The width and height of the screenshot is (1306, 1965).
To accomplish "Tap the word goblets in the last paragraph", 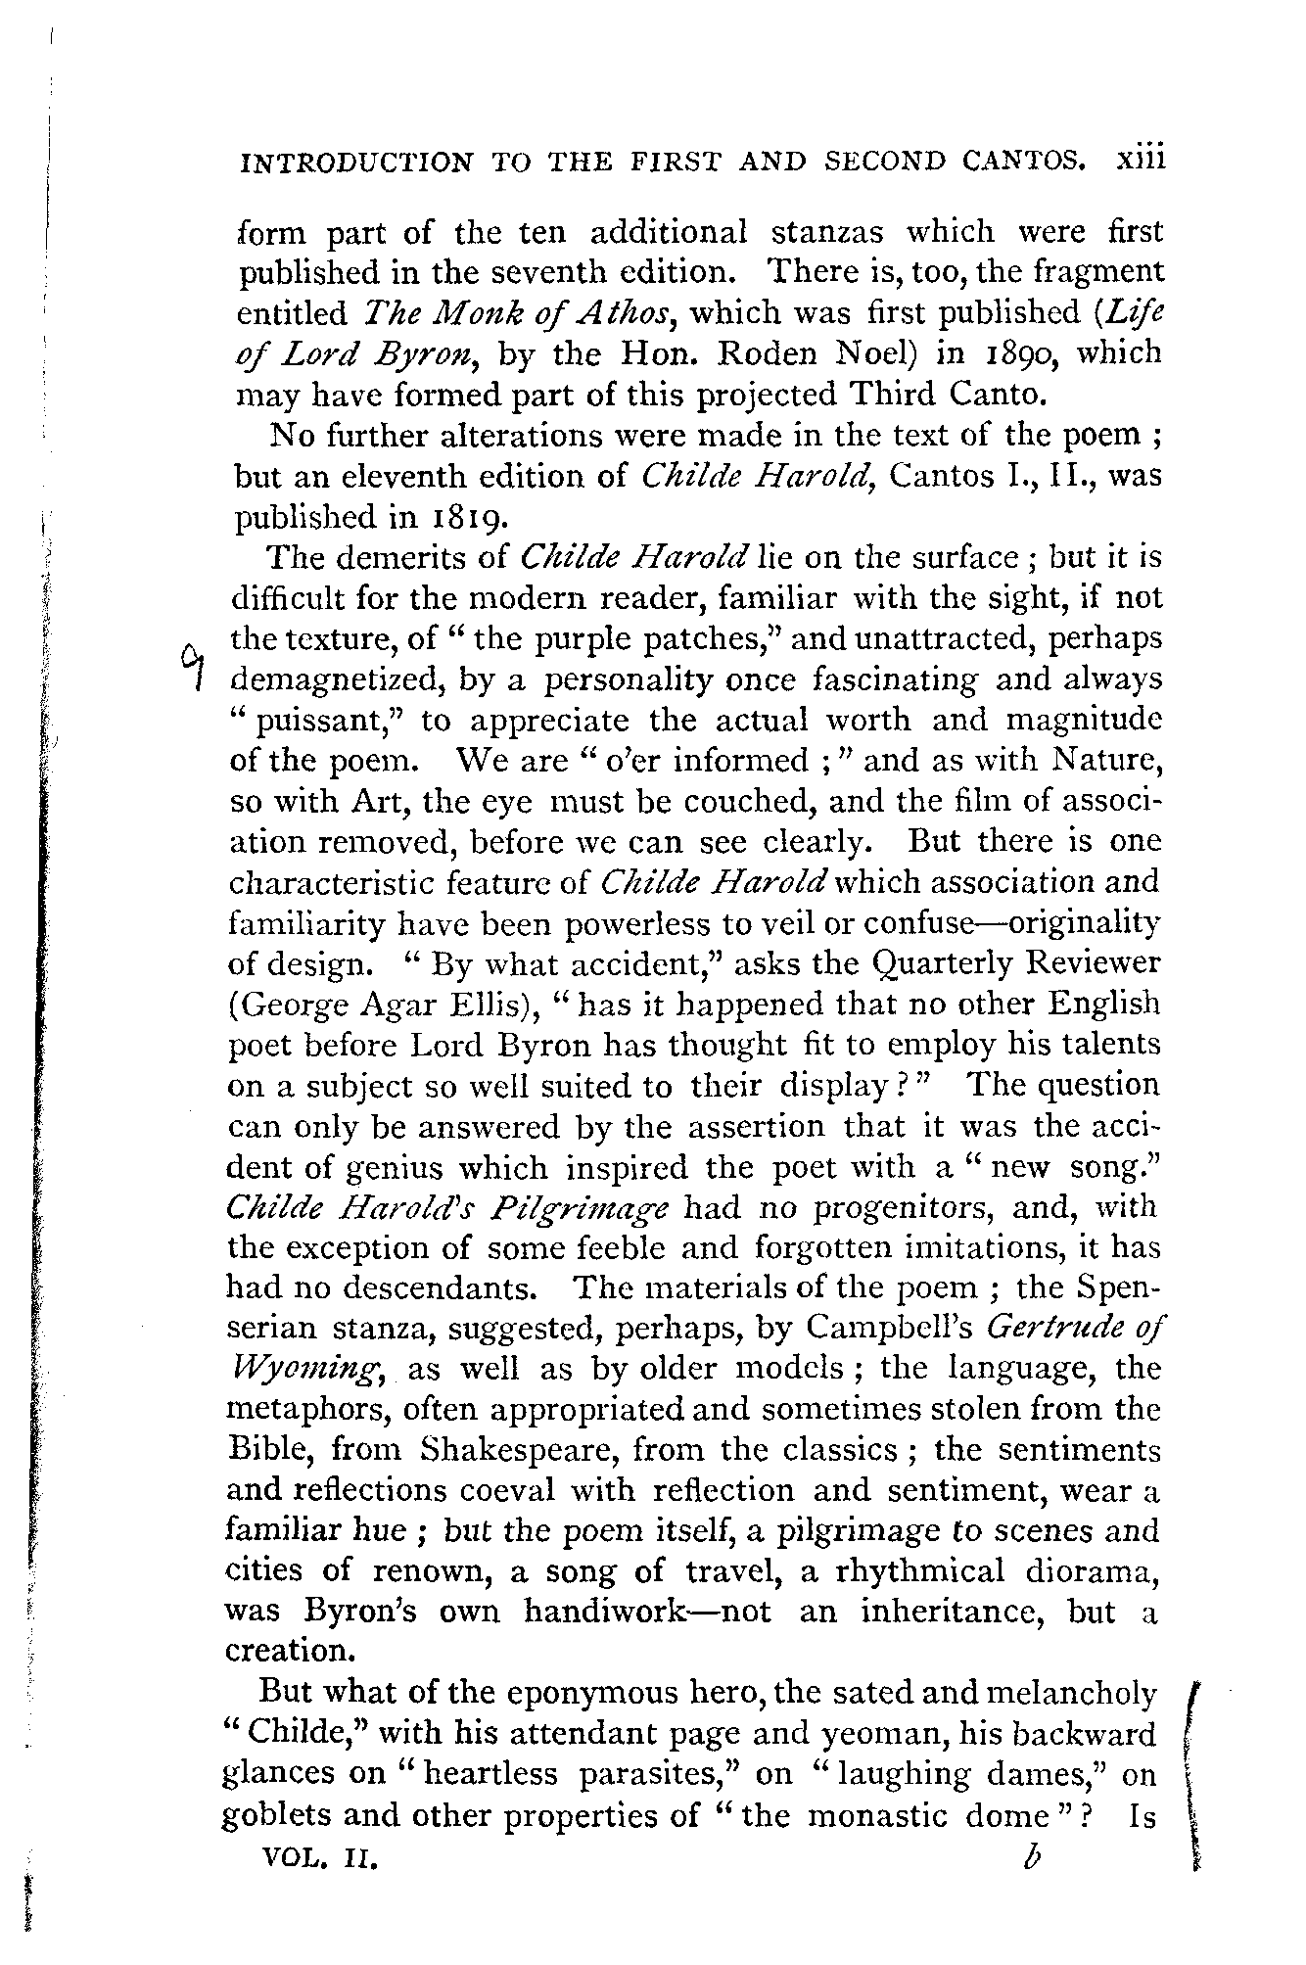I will [x=272, y=1816].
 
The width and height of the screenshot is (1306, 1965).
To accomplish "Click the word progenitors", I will [x=897, y=1207].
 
